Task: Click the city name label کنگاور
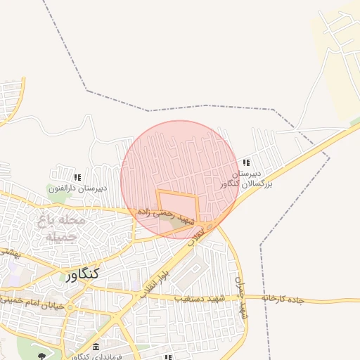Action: tap(82, 274)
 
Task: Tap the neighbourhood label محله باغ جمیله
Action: tap(60, 227)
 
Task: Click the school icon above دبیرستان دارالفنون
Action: tap(77, 177)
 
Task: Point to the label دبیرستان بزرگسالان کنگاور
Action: tap(241, 178)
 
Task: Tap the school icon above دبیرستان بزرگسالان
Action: tap(245, 162)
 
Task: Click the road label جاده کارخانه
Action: tap(283, 299)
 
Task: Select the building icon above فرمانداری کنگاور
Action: tap(96, 347)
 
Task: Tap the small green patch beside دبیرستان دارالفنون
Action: tap(54, 188)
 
